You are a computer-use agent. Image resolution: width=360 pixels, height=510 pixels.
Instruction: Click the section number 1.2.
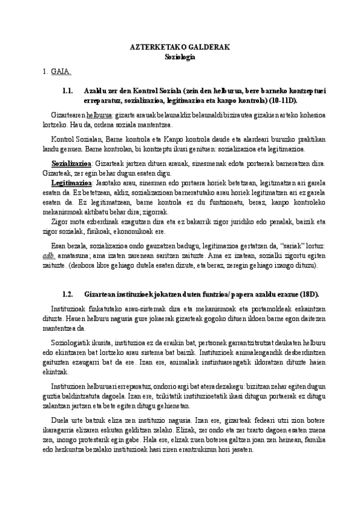[67, 294]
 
